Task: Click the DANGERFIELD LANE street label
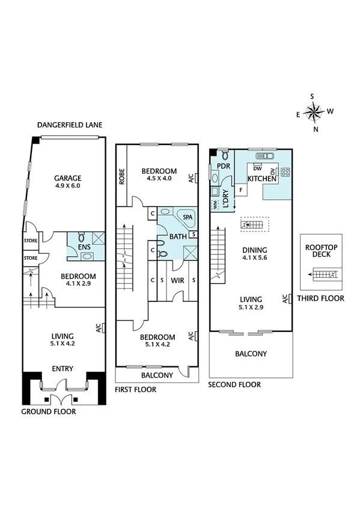[70, 125]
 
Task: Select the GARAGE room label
[67, 178]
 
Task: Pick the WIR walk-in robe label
[177, 280]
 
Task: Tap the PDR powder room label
[224, 166]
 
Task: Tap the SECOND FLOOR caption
[234, 384]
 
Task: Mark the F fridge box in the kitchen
[241, 191]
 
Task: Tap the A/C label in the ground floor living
[97, 328]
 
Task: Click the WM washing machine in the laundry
[215, 205]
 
